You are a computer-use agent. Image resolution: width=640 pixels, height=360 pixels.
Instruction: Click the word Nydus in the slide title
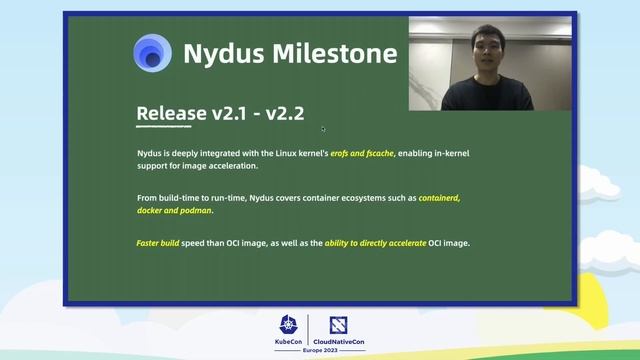click(221, 53)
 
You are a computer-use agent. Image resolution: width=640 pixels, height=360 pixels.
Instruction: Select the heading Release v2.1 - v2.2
click(219, 113)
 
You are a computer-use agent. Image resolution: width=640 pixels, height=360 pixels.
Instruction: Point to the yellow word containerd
click(439, 198)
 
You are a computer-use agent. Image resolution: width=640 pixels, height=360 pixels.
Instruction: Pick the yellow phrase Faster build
click(157, 243)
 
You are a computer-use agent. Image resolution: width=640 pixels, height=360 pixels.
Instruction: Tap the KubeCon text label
click(288, 343)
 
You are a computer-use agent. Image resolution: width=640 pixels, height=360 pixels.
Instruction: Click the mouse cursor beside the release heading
click(323, 128)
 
